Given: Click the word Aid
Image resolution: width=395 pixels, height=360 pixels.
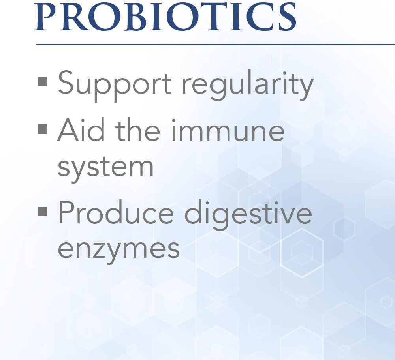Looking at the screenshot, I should click(81, 131).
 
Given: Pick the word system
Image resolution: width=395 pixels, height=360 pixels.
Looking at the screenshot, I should click(105, 167).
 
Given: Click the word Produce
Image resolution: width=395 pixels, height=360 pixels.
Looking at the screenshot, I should click(116, 213).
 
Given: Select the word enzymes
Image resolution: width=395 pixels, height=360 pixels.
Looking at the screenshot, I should click(118, 249).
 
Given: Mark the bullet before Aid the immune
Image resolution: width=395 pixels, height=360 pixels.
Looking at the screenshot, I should click(43, 129).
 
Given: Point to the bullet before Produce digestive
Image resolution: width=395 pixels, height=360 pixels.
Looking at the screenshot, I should click(43, 212).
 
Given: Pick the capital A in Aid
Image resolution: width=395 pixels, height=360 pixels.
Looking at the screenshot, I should click(68, 131).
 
